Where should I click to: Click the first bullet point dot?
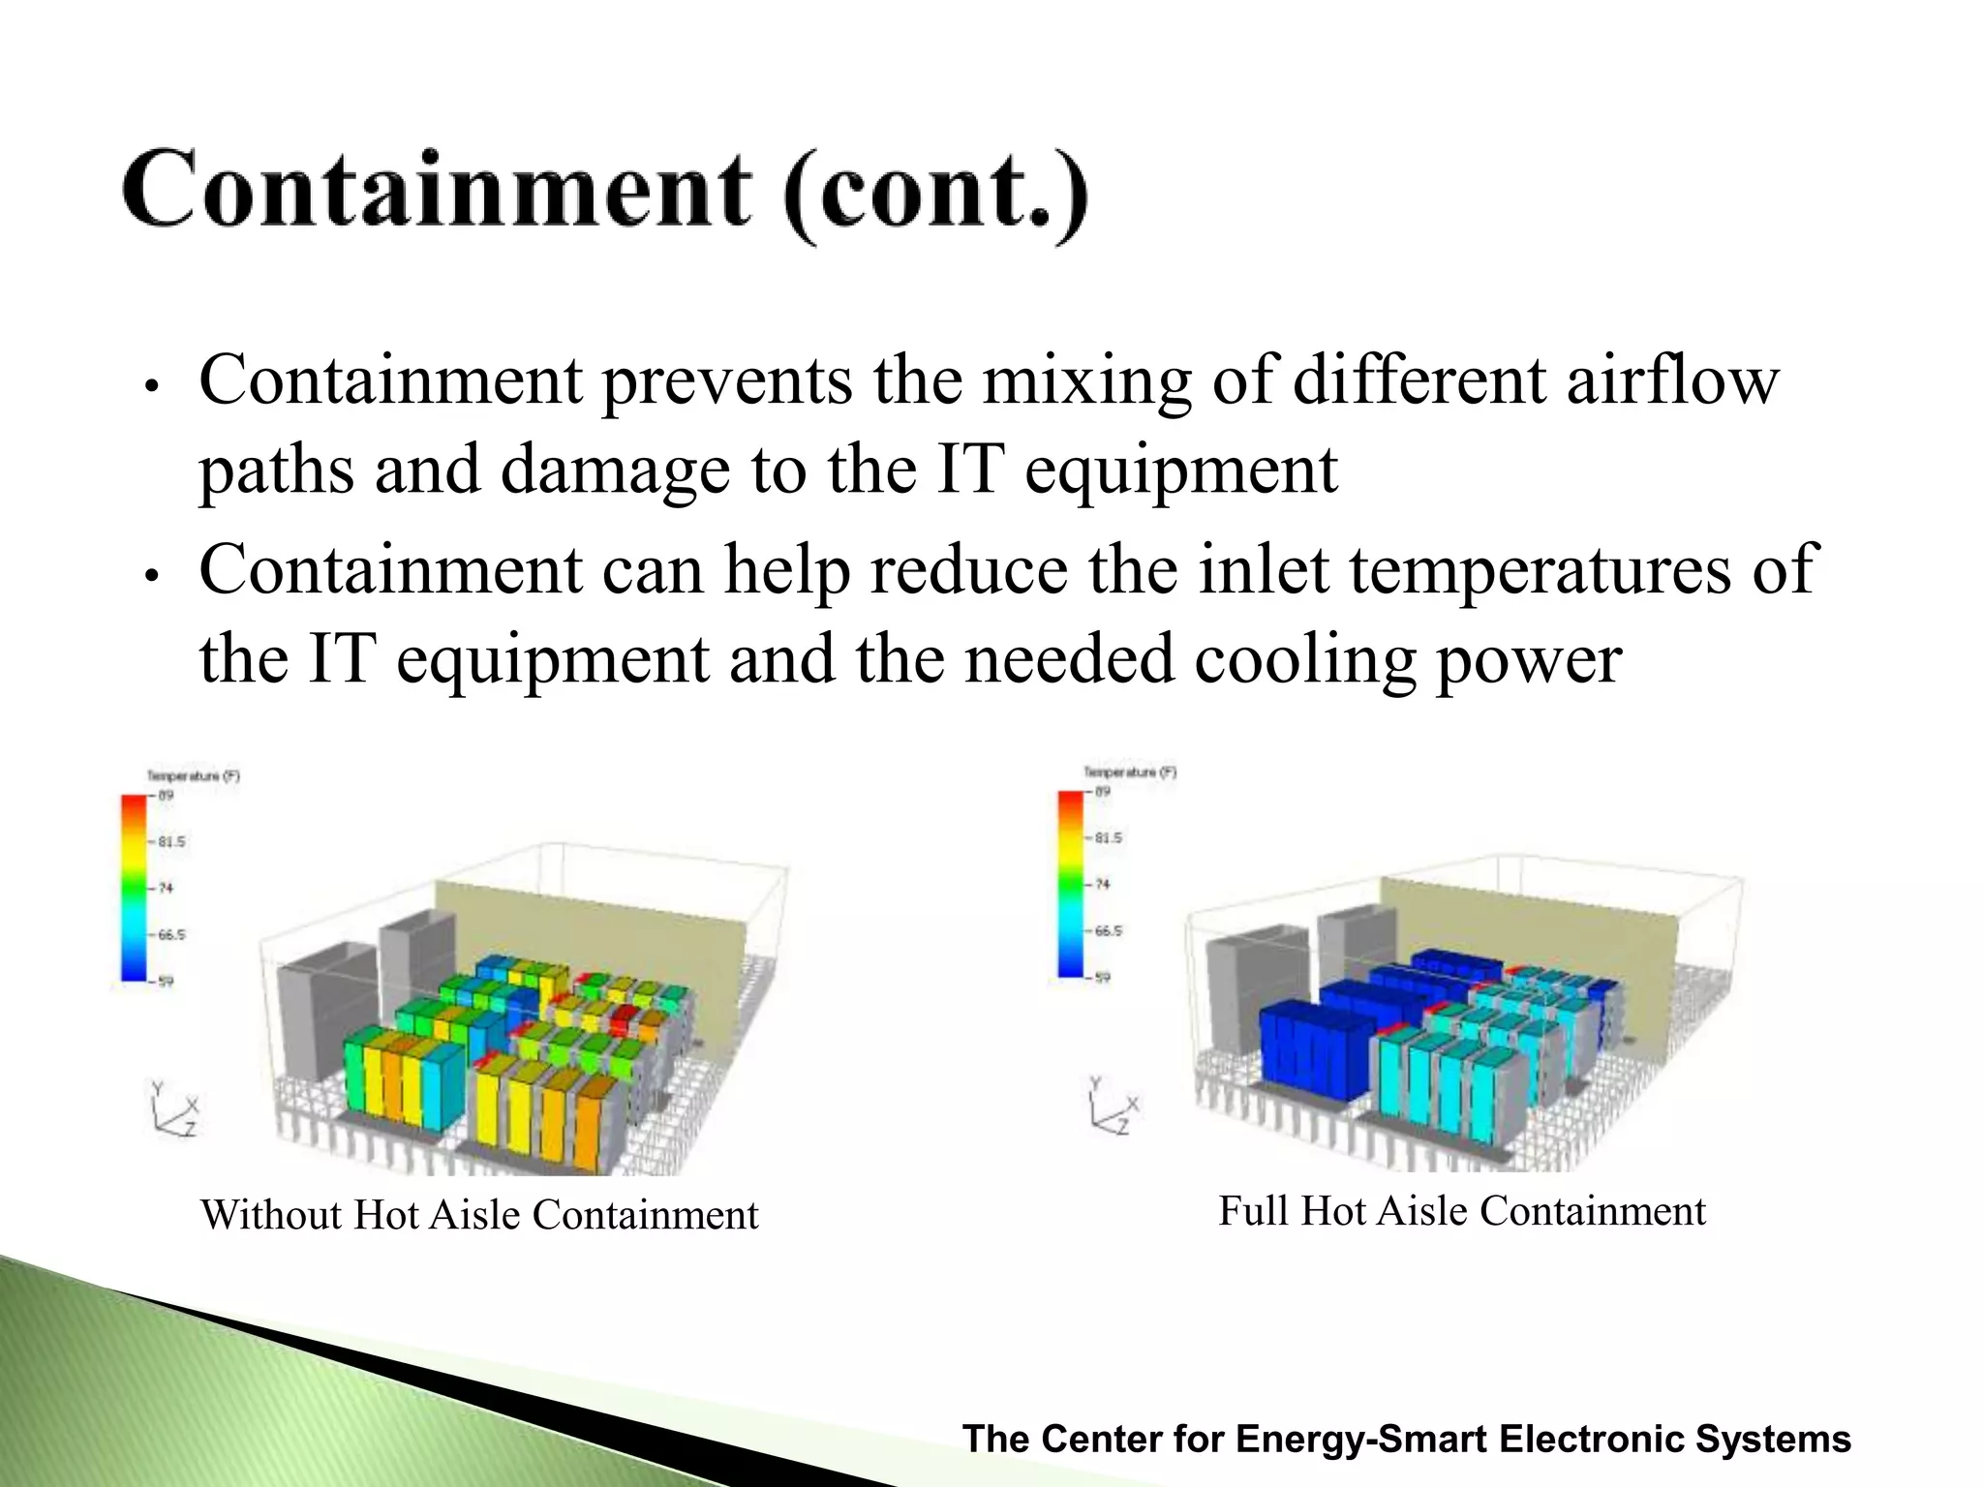click(150, 386)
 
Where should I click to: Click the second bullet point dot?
click(150, 576)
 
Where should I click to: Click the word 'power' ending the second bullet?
click(1528, 660)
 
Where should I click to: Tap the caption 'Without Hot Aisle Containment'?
click(479, 1215)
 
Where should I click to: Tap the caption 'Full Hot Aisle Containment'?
click(1461, 1211)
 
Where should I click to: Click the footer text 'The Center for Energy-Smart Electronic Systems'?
click(1406, 1439)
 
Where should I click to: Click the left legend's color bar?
click(133, 888)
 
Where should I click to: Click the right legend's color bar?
click(1070, 883)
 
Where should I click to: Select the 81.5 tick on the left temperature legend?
click(170, 841)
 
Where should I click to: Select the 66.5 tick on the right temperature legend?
click(1108, 930)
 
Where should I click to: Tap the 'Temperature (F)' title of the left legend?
click(193, 775)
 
